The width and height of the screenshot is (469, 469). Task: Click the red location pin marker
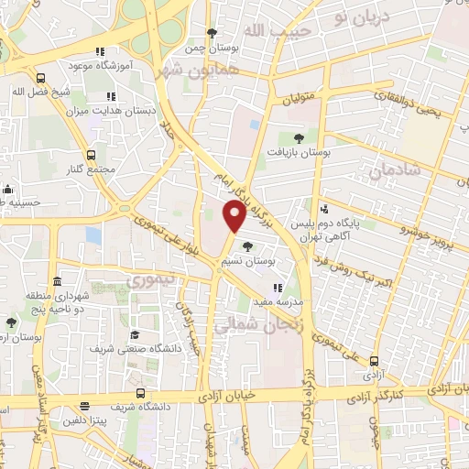[x=234, y=216]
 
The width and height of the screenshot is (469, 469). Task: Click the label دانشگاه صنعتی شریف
[x=127, y=349]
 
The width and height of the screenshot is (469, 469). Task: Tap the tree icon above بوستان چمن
[x=213, y=33]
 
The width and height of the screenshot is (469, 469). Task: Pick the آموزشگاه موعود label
[x=101, y=66]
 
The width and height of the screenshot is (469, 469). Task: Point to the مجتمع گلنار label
[x=91, y=170]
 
